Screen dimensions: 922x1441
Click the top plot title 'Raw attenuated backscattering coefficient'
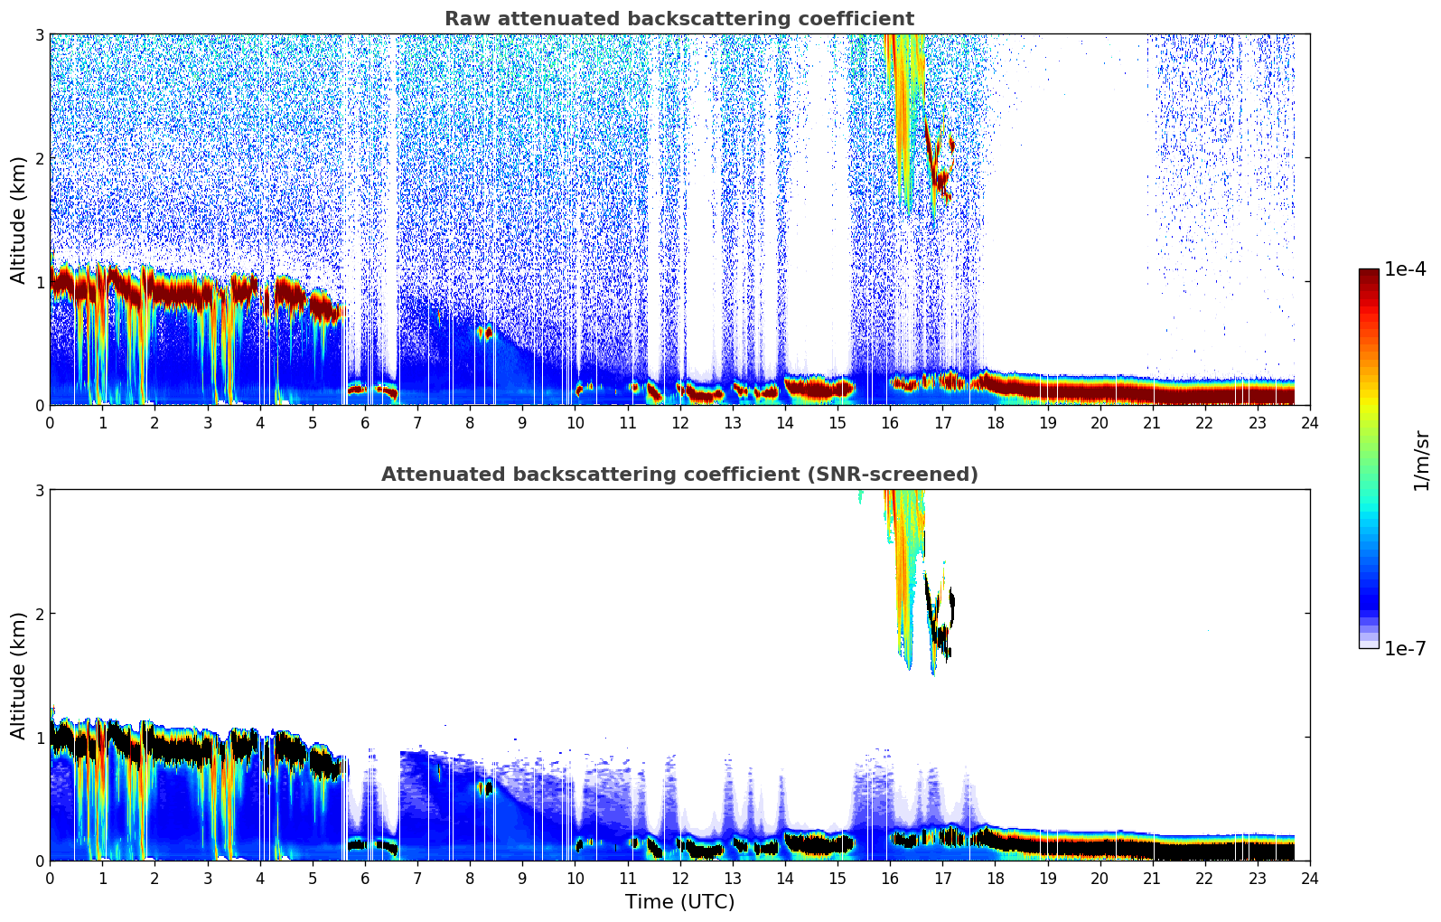679,19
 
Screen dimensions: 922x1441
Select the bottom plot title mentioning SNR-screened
679,475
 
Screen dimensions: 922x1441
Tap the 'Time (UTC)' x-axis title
679,902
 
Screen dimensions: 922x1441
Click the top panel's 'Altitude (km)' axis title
18,220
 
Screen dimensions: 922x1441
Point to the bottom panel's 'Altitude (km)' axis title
18,675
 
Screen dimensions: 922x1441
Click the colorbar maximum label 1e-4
1405,269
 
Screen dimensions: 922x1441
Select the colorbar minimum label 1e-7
1405,648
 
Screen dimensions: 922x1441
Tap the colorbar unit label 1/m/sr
1422,460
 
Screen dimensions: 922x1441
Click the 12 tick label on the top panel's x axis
679,422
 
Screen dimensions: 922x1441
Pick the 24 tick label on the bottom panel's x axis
1309,878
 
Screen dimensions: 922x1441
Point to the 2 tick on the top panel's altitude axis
39,158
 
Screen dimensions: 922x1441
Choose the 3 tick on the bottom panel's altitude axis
39,491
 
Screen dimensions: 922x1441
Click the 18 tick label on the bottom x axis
995,878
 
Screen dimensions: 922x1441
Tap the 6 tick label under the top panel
365,422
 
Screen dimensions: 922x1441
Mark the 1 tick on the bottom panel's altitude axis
39,738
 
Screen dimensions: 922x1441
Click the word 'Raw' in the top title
464,19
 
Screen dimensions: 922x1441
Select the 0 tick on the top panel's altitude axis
39,406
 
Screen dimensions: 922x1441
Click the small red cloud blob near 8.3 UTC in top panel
485,333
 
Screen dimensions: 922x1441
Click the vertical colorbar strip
1368,458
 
